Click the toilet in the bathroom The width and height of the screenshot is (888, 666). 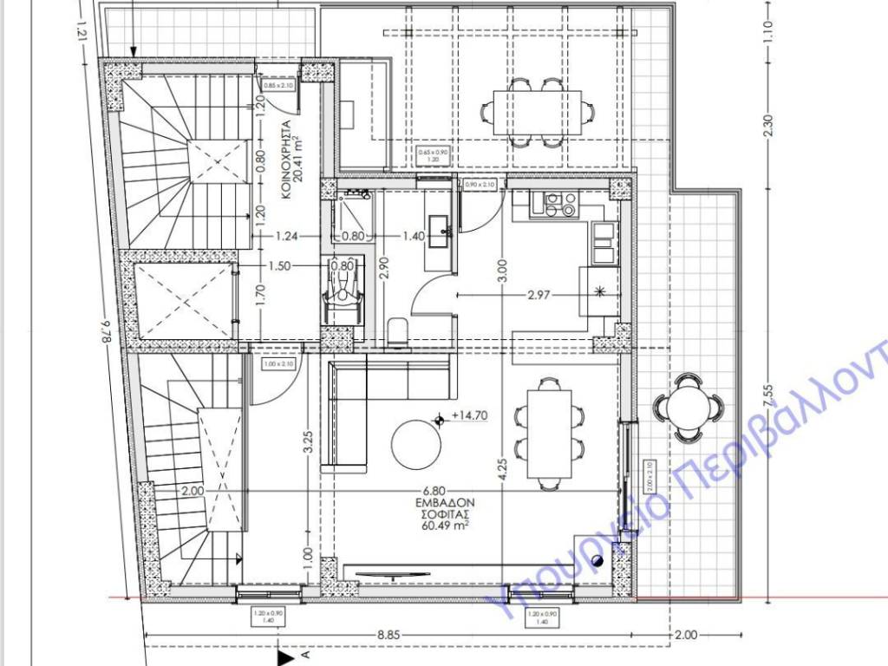[x=399, y=330]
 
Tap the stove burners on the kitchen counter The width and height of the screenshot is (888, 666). [x=559, y=204]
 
